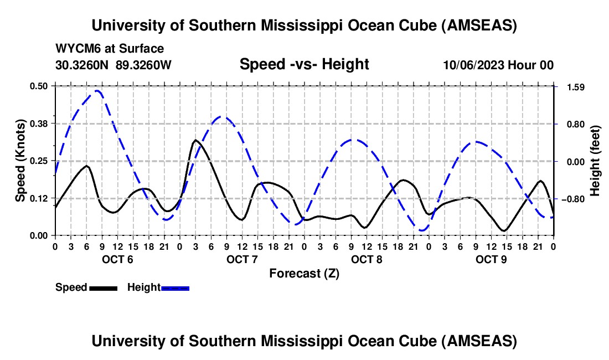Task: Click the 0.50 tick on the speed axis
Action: (x=42, y=86)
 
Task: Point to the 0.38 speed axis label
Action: (x=42, y=123)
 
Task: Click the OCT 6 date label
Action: (x=117, y=259)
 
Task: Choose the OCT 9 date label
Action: (x=491, y=259)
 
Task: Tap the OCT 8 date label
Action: (x=367, y=259)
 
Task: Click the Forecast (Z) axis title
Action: (x=304, y=273)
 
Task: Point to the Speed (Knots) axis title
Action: (x=20, y=161)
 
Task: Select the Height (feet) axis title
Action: (x=595, y=161)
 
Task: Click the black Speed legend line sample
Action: (x=103, y=288)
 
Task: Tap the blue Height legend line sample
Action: (x=176, y=288)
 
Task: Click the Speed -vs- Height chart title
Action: (x=304, y=64)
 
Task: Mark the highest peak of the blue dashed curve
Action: (x=97, y=90)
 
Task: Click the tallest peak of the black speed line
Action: (x=195, y=140)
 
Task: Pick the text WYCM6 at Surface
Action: (x=110, y=49)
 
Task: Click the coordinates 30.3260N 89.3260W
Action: (x=114, y=65)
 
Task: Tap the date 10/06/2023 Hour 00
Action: (x=498, y=65)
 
